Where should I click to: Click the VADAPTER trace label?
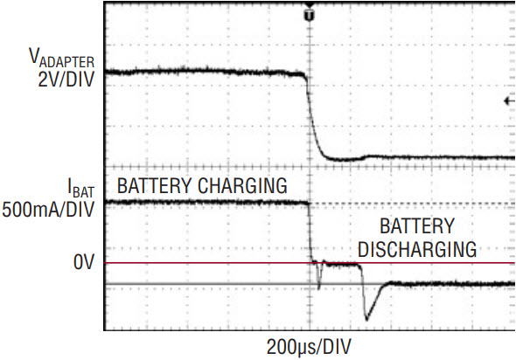61,58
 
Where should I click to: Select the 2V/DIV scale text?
66,80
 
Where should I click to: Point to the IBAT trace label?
80,188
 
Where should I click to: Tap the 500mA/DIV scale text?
48,210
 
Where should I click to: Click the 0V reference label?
84,262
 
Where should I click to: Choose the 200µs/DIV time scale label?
309,347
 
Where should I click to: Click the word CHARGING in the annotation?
242,186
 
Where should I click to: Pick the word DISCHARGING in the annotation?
417,249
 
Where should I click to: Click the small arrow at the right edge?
509,101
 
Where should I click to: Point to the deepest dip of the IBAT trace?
366,319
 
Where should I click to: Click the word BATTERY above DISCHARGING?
417,226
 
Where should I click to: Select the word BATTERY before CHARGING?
154,186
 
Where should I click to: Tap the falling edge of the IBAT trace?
310,232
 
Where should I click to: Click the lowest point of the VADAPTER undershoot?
340,160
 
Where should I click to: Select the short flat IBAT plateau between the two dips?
340,263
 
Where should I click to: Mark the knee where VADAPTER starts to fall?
305,76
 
